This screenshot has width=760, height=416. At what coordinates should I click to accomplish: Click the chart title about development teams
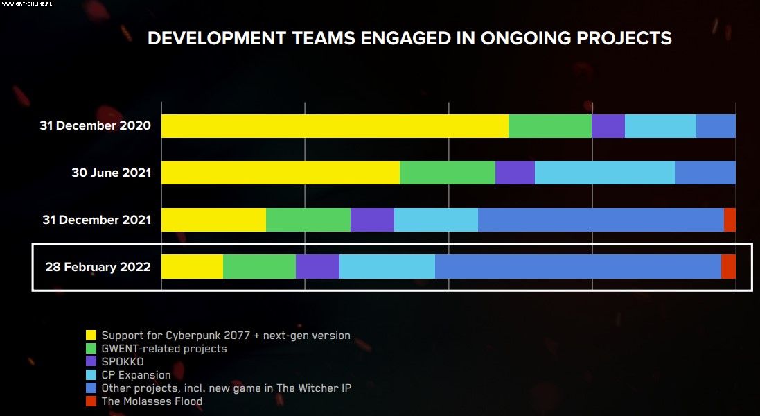pos(409,37)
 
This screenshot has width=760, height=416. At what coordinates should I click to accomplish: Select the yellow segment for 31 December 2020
pos(335,126)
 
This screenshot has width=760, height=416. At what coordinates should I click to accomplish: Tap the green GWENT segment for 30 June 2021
pos(448,173)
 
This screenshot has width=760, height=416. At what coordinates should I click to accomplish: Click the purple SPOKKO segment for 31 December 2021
pos(372,219)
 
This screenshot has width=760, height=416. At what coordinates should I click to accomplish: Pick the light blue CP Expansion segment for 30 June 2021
pos(605,173)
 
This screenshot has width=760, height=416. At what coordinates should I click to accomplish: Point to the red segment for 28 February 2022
pos(728,266)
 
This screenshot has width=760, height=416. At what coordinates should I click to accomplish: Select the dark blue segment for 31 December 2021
pos(601,219)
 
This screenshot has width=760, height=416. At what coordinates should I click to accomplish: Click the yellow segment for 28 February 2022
pos(192,266)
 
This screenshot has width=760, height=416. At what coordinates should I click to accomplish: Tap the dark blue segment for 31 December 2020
pos(716,126)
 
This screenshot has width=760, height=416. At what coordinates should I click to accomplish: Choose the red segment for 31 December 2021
pos(730,219)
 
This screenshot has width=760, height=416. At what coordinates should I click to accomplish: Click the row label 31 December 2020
pos(95,126)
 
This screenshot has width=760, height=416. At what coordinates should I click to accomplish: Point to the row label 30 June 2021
pos(111,173)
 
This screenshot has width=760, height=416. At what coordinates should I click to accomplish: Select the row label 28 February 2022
pos(98,267)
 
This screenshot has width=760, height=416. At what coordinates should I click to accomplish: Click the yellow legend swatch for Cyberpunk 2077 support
pos(91,336)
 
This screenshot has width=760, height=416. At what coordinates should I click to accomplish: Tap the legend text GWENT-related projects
pos(164,349)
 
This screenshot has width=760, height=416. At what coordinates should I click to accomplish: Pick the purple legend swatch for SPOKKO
pos(91,362)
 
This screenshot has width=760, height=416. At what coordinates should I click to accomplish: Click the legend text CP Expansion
pos(136,375)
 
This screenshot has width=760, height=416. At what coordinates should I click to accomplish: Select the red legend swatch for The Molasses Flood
pos(91,401)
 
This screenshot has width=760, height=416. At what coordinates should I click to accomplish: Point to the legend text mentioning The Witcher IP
pos(227,388)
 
